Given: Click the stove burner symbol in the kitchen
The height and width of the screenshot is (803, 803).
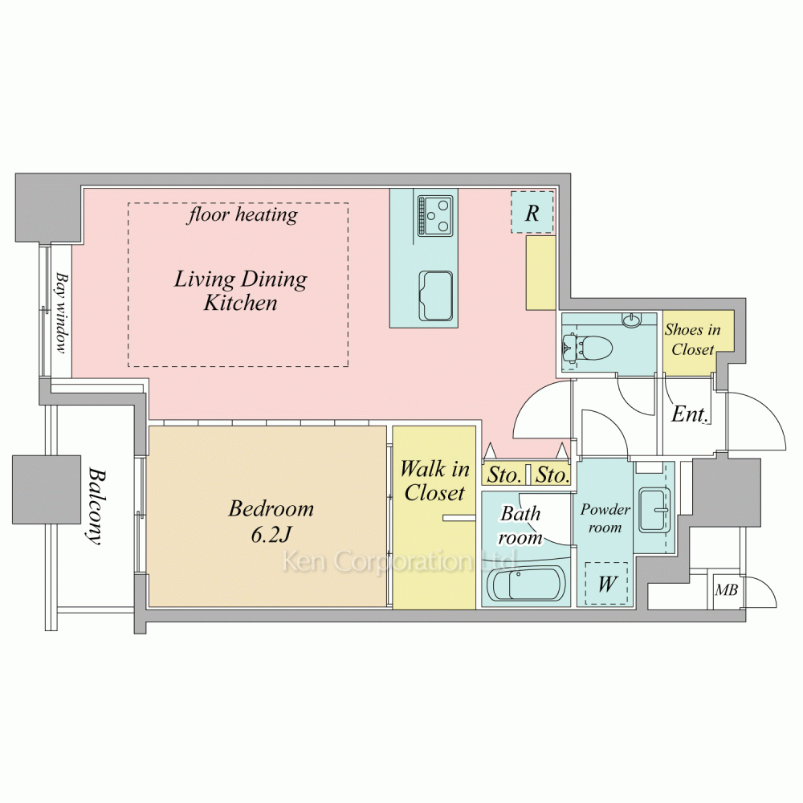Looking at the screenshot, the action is pyautogui.click(x=435, y=215).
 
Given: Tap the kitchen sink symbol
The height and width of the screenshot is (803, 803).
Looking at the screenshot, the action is pyautogui.click(x=436, y=295).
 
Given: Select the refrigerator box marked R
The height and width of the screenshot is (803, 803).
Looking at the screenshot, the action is pyautogui.click(x=532, y=213).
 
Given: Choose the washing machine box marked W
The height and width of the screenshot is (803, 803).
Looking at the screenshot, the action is pyautogui.click(x=607, y=583).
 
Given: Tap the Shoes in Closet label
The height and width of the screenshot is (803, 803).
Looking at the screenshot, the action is pyautogui.click(x=692, y=340).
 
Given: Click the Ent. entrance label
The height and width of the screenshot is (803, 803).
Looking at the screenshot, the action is pyautogui.click(x=690, y=414).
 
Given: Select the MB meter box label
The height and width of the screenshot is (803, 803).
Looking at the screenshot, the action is pyautogui.click(x=726, y=590).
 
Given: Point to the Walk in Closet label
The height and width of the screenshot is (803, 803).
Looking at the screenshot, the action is pyautogui.click(x=434, y=480).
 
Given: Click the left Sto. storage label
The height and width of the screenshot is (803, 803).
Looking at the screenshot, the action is pyautogui.click(x=504, y=475).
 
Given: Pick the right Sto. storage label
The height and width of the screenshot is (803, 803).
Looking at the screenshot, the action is pyautogui.click(x=552, y=475).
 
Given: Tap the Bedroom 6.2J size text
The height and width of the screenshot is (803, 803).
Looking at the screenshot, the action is pyautogui.click(x=271, y=534).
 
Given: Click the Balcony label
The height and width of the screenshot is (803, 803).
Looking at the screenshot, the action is pyautogui.click(x=96, y=505).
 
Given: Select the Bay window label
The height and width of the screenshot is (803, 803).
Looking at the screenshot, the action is pyautogui.click(x=62, y=312).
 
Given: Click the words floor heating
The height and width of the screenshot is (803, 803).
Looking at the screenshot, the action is pyautogui.click(x=243, y=214).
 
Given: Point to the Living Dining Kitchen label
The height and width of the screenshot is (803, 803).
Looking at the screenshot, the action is pyautogui.click(x=241, y=291).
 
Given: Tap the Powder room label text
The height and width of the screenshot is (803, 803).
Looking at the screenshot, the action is pyautogui.click(x=605, y=518).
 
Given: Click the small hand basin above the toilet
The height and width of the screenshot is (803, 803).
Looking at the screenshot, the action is pyautogui.click(x=631, y=320).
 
